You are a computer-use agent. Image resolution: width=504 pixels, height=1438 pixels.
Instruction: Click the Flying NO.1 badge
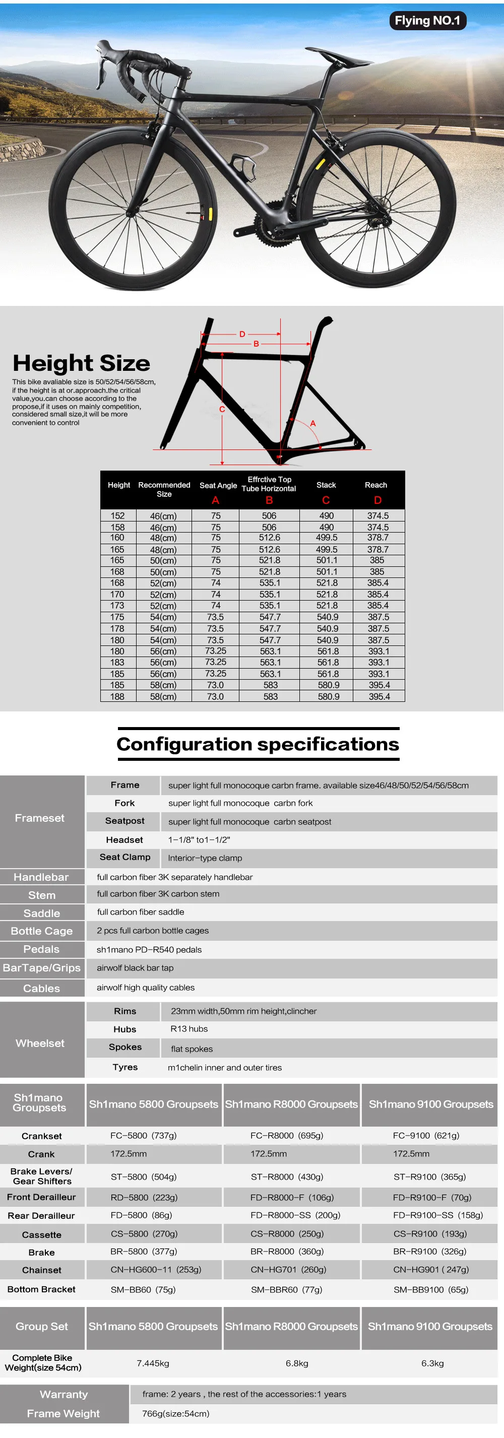pos(427,21)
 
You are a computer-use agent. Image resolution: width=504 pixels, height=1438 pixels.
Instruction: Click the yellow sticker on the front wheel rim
pos(210,214)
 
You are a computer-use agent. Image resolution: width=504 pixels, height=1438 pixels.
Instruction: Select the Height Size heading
pos(82,363)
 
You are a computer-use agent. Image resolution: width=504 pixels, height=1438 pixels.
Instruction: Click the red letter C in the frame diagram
pos(222,409)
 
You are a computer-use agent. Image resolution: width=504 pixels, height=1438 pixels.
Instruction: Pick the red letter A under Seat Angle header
pos(215,500)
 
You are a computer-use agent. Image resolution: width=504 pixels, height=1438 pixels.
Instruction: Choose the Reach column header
pos(375,485)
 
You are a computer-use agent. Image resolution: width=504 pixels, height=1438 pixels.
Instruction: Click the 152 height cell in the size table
pos(117,516)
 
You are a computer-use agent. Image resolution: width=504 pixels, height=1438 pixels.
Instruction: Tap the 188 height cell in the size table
pos(117,696)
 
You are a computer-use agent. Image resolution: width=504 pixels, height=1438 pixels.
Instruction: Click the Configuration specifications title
pos(258,744)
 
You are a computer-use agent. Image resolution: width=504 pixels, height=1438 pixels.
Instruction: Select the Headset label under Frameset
pos(124,839)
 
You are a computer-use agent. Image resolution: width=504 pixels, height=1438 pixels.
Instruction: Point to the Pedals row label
pos(41,949)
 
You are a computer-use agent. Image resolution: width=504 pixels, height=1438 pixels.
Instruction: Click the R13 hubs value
pos(189,1029)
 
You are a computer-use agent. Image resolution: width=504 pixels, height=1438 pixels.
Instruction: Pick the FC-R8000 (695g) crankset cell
pos(287,1136)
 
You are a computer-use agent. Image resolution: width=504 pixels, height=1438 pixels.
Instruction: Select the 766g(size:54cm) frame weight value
pos(176,1413)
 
